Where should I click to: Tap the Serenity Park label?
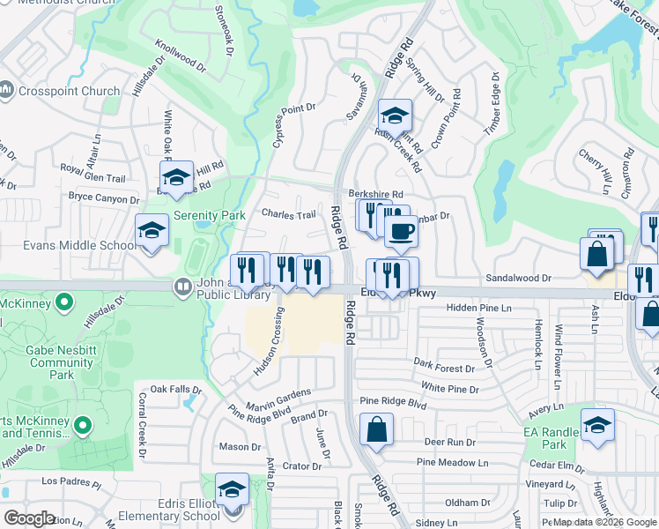(209, 215)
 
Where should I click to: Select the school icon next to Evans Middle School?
(152, 232)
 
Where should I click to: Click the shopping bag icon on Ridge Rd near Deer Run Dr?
(376, 430)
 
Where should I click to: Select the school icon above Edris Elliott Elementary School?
(233, 489)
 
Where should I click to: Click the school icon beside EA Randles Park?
(597, 426)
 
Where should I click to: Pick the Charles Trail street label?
(288, 214)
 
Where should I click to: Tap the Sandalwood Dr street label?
(518, 278)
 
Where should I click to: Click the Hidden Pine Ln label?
(478, 308)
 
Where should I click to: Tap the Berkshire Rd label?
(375, 194)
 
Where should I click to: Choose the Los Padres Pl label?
(72, 481)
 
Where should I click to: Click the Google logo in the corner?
(29, 518)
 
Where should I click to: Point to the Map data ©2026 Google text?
(603, 522)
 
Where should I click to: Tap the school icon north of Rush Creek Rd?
(396, 116)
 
